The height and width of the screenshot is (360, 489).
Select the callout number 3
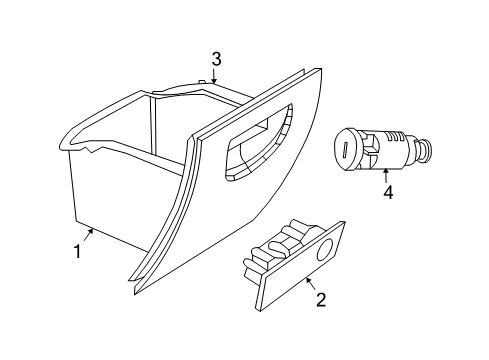214,58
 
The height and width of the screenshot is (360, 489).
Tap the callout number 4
386,190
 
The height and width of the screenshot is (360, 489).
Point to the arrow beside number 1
89,235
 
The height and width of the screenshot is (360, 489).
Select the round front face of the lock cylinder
345,148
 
